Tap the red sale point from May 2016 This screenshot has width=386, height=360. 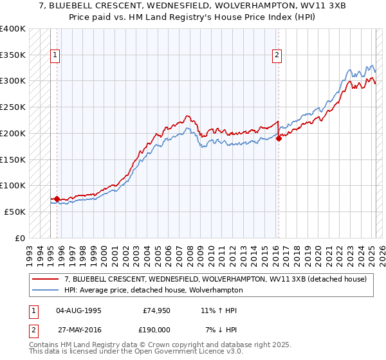279,138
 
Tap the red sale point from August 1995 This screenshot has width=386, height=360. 57,199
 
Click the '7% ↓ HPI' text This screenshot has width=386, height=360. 221,330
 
